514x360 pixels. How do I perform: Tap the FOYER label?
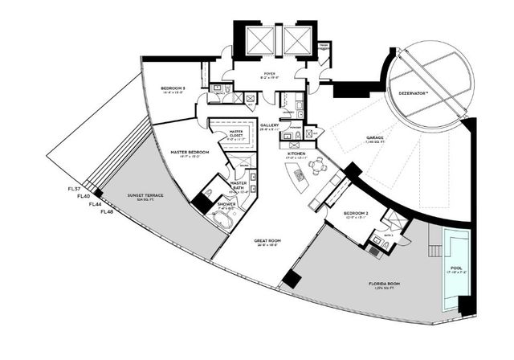tap(269, 73)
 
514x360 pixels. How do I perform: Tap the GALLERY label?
tap(269, 126)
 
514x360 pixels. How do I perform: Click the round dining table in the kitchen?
tap(319, 166)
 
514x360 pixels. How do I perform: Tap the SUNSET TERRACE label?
tap(144, 194)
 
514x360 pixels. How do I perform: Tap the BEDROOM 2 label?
tap(338, 213)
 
